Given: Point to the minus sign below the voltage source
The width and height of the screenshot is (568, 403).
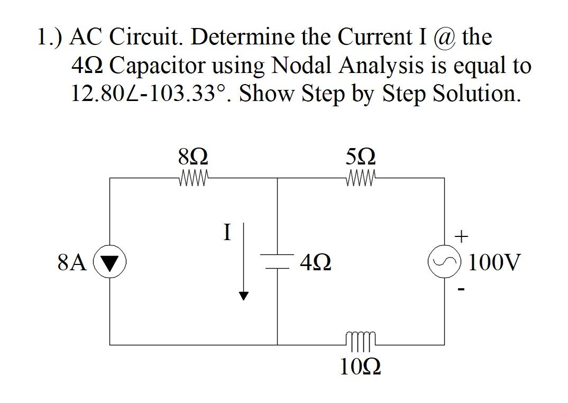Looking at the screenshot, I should (462, 289).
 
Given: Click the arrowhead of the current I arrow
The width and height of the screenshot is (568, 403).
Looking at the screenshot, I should (243, 296).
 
